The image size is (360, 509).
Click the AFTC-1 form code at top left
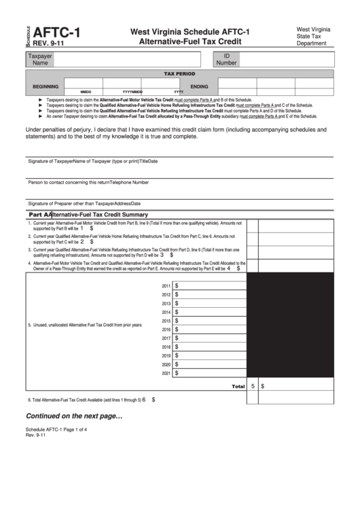point(51,31)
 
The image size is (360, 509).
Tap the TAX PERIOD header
point(179,73)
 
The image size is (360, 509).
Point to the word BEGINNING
point(46,86)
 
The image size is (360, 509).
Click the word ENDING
point(199,86)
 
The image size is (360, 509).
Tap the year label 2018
point(166,347)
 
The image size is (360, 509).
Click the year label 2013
point(166,304)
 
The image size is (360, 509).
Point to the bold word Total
point(238,386)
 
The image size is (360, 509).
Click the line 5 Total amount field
point(296,385)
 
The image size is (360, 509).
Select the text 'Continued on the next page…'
point(74,416)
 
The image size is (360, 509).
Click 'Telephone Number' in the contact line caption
point(130,182)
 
